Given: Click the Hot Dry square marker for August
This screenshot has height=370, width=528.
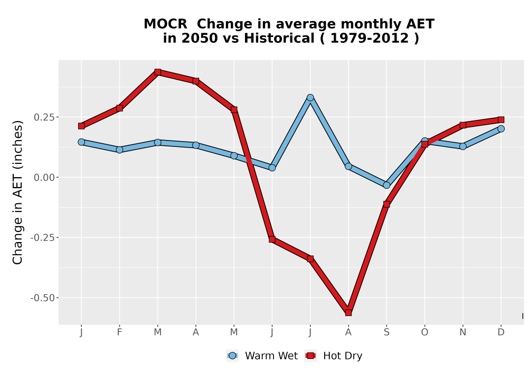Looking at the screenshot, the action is click(348, 313).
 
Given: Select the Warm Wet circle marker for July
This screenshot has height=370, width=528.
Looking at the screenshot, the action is click(310, 98).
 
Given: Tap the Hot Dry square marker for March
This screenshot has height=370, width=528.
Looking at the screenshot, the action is click(157, 72).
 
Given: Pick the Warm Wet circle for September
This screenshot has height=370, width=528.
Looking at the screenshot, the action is click(386, 185).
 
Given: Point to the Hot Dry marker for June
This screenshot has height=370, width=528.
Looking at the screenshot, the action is click(272, 239).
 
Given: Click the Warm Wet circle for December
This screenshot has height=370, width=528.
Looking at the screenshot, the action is click(501, 128).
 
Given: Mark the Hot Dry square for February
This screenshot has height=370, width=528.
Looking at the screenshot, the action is click(119, 108).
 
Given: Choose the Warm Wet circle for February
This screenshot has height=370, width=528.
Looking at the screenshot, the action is click(119, 150).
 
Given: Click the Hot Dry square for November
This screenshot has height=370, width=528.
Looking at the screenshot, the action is click(463, 125).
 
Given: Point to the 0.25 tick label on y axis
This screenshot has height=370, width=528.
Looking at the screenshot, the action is click(44, 117).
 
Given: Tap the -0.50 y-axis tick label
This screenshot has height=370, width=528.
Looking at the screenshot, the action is click(42, 298).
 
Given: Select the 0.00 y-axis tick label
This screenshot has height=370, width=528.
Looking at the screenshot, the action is click(44, 178).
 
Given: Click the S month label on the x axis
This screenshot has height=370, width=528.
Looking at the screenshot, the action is click(386, 332).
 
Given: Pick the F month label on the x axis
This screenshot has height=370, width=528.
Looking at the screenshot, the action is click(119, 332).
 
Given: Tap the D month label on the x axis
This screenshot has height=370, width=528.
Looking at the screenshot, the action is click(501, 332).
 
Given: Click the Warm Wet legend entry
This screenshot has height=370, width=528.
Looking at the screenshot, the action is click(262, 356).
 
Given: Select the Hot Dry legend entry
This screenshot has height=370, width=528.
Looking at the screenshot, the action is click(334, 356).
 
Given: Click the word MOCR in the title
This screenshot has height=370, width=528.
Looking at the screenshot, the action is click(165, 24).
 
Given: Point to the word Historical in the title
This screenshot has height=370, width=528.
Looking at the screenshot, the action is click(279, 38).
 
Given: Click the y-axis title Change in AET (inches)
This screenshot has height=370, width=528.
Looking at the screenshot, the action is click(17, 192).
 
